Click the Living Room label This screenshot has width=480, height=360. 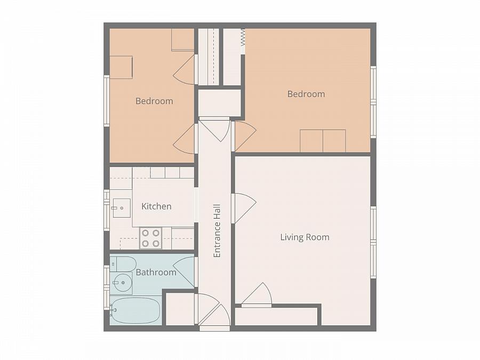tap(305, 237)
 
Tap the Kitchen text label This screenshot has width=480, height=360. tap(156, 206)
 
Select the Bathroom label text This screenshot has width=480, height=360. tap(156, 273)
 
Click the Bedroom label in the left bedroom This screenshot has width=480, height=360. tap(154, 101)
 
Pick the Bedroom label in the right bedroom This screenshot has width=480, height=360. tap(306, 94)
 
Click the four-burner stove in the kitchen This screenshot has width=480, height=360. tap(150, 238)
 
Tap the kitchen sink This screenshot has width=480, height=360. tap(121, 208)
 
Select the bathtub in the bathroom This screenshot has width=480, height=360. tap(135, 310)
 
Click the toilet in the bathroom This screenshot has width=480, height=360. tap(122, 264)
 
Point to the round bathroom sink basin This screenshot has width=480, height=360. tap(123, 283)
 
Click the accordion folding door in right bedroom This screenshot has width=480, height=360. tap(243, 37)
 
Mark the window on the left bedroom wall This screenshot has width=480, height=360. tap(107, 101)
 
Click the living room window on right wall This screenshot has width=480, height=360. tap(373, 243)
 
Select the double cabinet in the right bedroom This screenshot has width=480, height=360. tap(323, 141)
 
